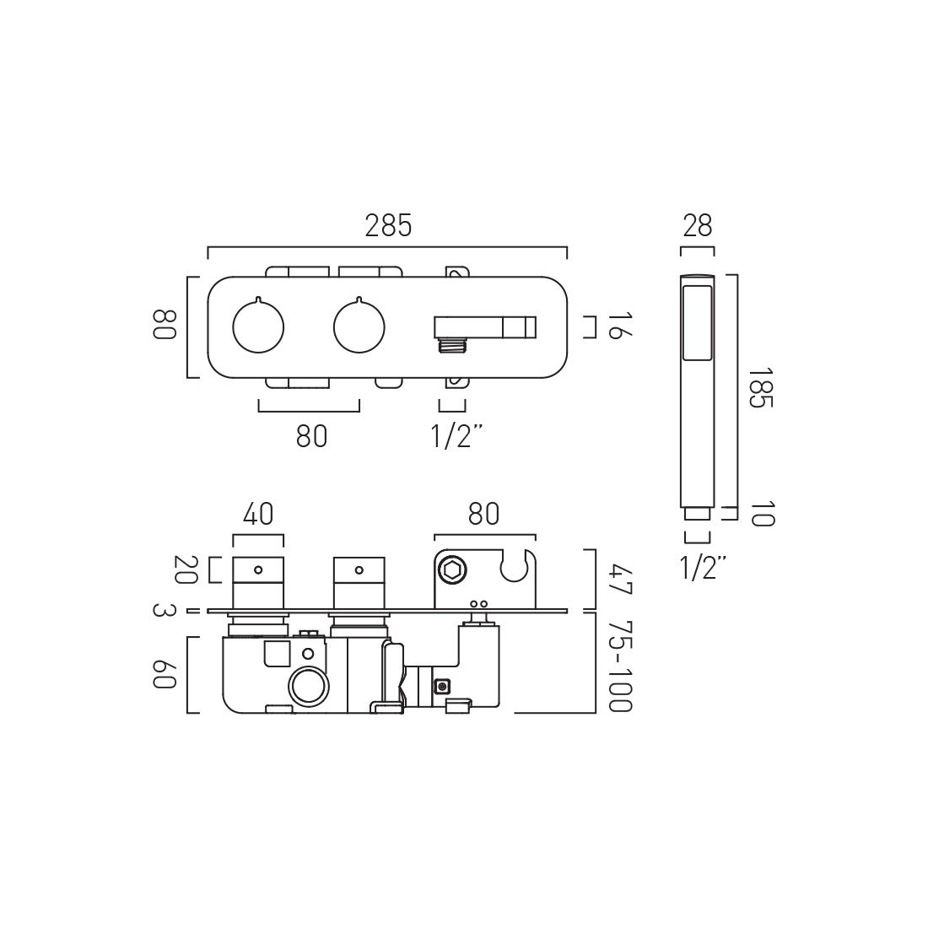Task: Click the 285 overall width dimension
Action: coord(388,226)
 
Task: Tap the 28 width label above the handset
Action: coord(697,226)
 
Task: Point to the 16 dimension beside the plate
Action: coord(619,326)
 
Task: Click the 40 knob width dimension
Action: coord(258,514)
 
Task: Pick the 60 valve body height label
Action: coord(164,675)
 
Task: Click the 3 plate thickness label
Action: coord(164,611)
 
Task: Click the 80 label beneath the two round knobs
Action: coord(310,436)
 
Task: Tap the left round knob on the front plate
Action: coord(258,326)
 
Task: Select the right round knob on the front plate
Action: coord(359,326)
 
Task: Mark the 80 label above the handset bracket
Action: coord(483,514)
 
